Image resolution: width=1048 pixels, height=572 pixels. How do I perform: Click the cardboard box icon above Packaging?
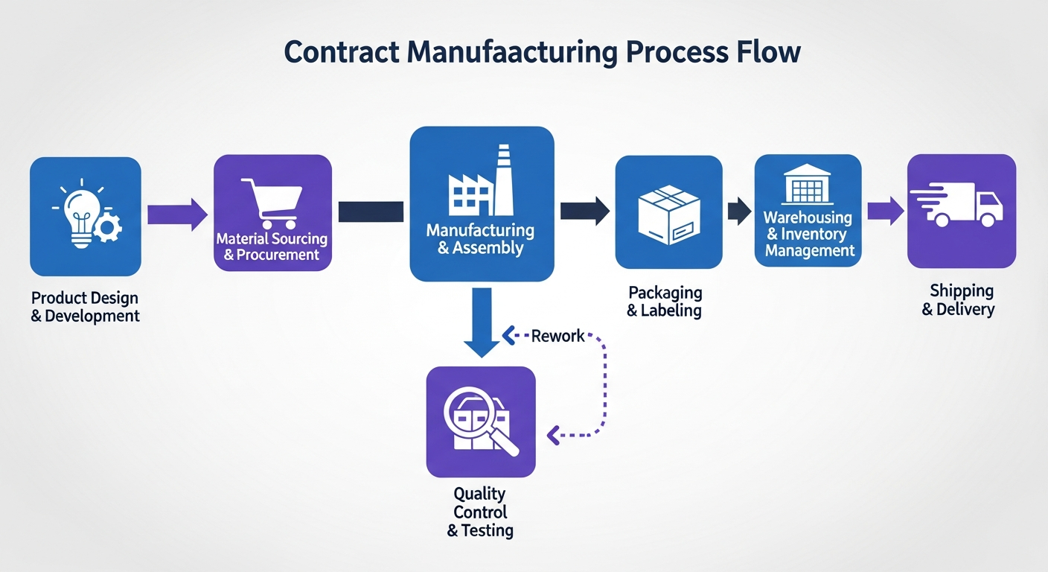[668, 213]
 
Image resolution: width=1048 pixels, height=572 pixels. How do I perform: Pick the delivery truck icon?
[959, 205]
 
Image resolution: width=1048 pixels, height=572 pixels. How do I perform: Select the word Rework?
[557, 336]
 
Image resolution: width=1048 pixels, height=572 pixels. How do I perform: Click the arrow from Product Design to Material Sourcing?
[177, 214]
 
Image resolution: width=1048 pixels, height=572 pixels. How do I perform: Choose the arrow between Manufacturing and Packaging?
[584, 211]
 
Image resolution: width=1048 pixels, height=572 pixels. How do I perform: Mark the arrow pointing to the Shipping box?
[885, 211]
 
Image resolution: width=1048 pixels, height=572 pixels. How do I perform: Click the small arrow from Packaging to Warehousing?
[738, 212]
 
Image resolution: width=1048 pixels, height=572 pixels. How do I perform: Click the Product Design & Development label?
[85, 307]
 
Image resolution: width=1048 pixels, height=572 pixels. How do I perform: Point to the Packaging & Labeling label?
[665, 301]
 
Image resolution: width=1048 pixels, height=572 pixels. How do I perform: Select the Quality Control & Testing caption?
[480, 512]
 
